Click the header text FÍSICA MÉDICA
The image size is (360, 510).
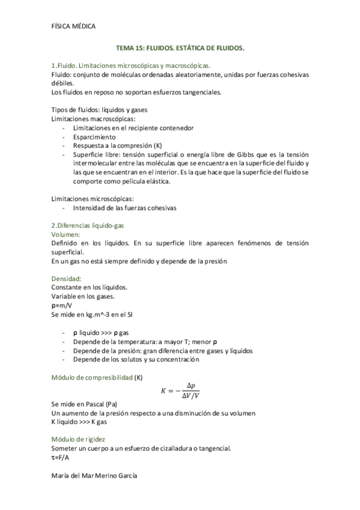[73, 25]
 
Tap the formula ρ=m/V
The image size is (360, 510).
[61, 305]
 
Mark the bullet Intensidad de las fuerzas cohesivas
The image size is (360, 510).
[124, 207]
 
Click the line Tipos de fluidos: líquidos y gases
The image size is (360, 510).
[100, 110]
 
